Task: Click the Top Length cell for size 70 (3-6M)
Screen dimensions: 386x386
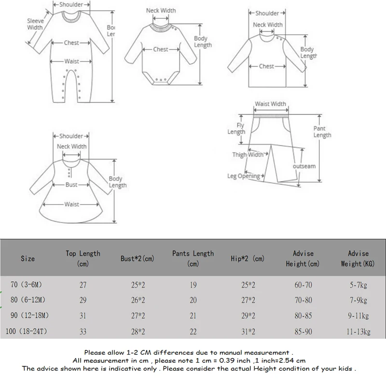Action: [83, 285]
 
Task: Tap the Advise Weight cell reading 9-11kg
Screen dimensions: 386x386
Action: [358, 316]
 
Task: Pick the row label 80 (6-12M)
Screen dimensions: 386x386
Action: [28, 300]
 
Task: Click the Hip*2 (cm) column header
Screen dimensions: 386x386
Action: [248, 259]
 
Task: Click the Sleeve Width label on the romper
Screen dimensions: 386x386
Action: [35, 24]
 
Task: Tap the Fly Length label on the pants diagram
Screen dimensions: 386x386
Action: [236, 129]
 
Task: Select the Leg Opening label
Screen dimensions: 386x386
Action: [244, 176]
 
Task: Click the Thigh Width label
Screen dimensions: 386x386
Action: [248, 154]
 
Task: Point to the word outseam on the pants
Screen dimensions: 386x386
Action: [304, 166]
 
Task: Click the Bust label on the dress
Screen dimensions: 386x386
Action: [71, 185]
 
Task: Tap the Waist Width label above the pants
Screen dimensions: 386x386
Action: [270, 104]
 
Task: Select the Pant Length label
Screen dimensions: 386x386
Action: [322, 132]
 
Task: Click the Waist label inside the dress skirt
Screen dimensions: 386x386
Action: [71, 204]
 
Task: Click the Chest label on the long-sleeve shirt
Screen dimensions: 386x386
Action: [266, 66]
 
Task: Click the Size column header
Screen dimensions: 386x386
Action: [28, 259]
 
